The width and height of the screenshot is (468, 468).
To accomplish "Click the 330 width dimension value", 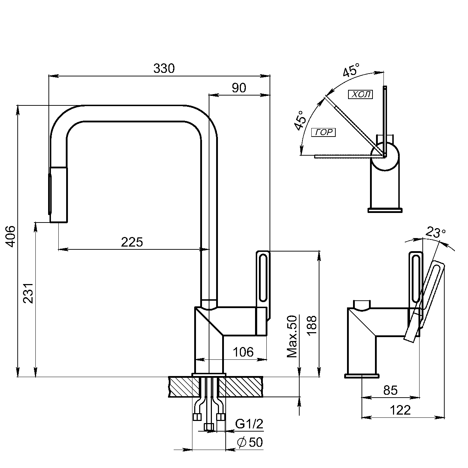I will tap(164, 68).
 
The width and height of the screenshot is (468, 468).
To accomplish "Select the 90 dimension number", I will tap(239, 88).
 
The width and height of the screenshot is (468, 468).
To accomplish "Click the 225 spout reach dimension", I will tap(132, 242).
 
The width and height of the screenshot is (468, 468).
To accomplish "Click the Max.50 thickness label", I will tap(292, 336).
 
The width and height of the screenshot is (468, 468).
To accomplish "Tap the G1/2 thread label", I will tap(249, 424).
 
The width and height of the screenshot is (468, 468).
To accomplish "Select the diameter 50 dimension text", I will tap(250, 442).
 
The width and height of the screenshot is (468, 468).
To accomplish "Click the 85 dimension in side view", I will tap(391, 390).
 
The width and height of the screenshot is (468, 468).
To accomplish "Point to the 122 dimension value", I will tap(400, 410).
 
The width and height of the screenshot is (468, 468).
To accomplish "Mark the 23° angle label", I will tap(435, 233).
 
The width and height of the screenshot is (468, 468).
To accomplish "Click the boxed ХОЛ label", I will tap(360, 94).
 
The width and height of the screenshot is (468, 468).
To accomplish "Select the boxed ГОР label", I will tap(323, 133).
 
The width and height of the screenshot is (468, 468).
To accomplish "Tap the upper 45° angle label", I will tap(351, 70).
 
